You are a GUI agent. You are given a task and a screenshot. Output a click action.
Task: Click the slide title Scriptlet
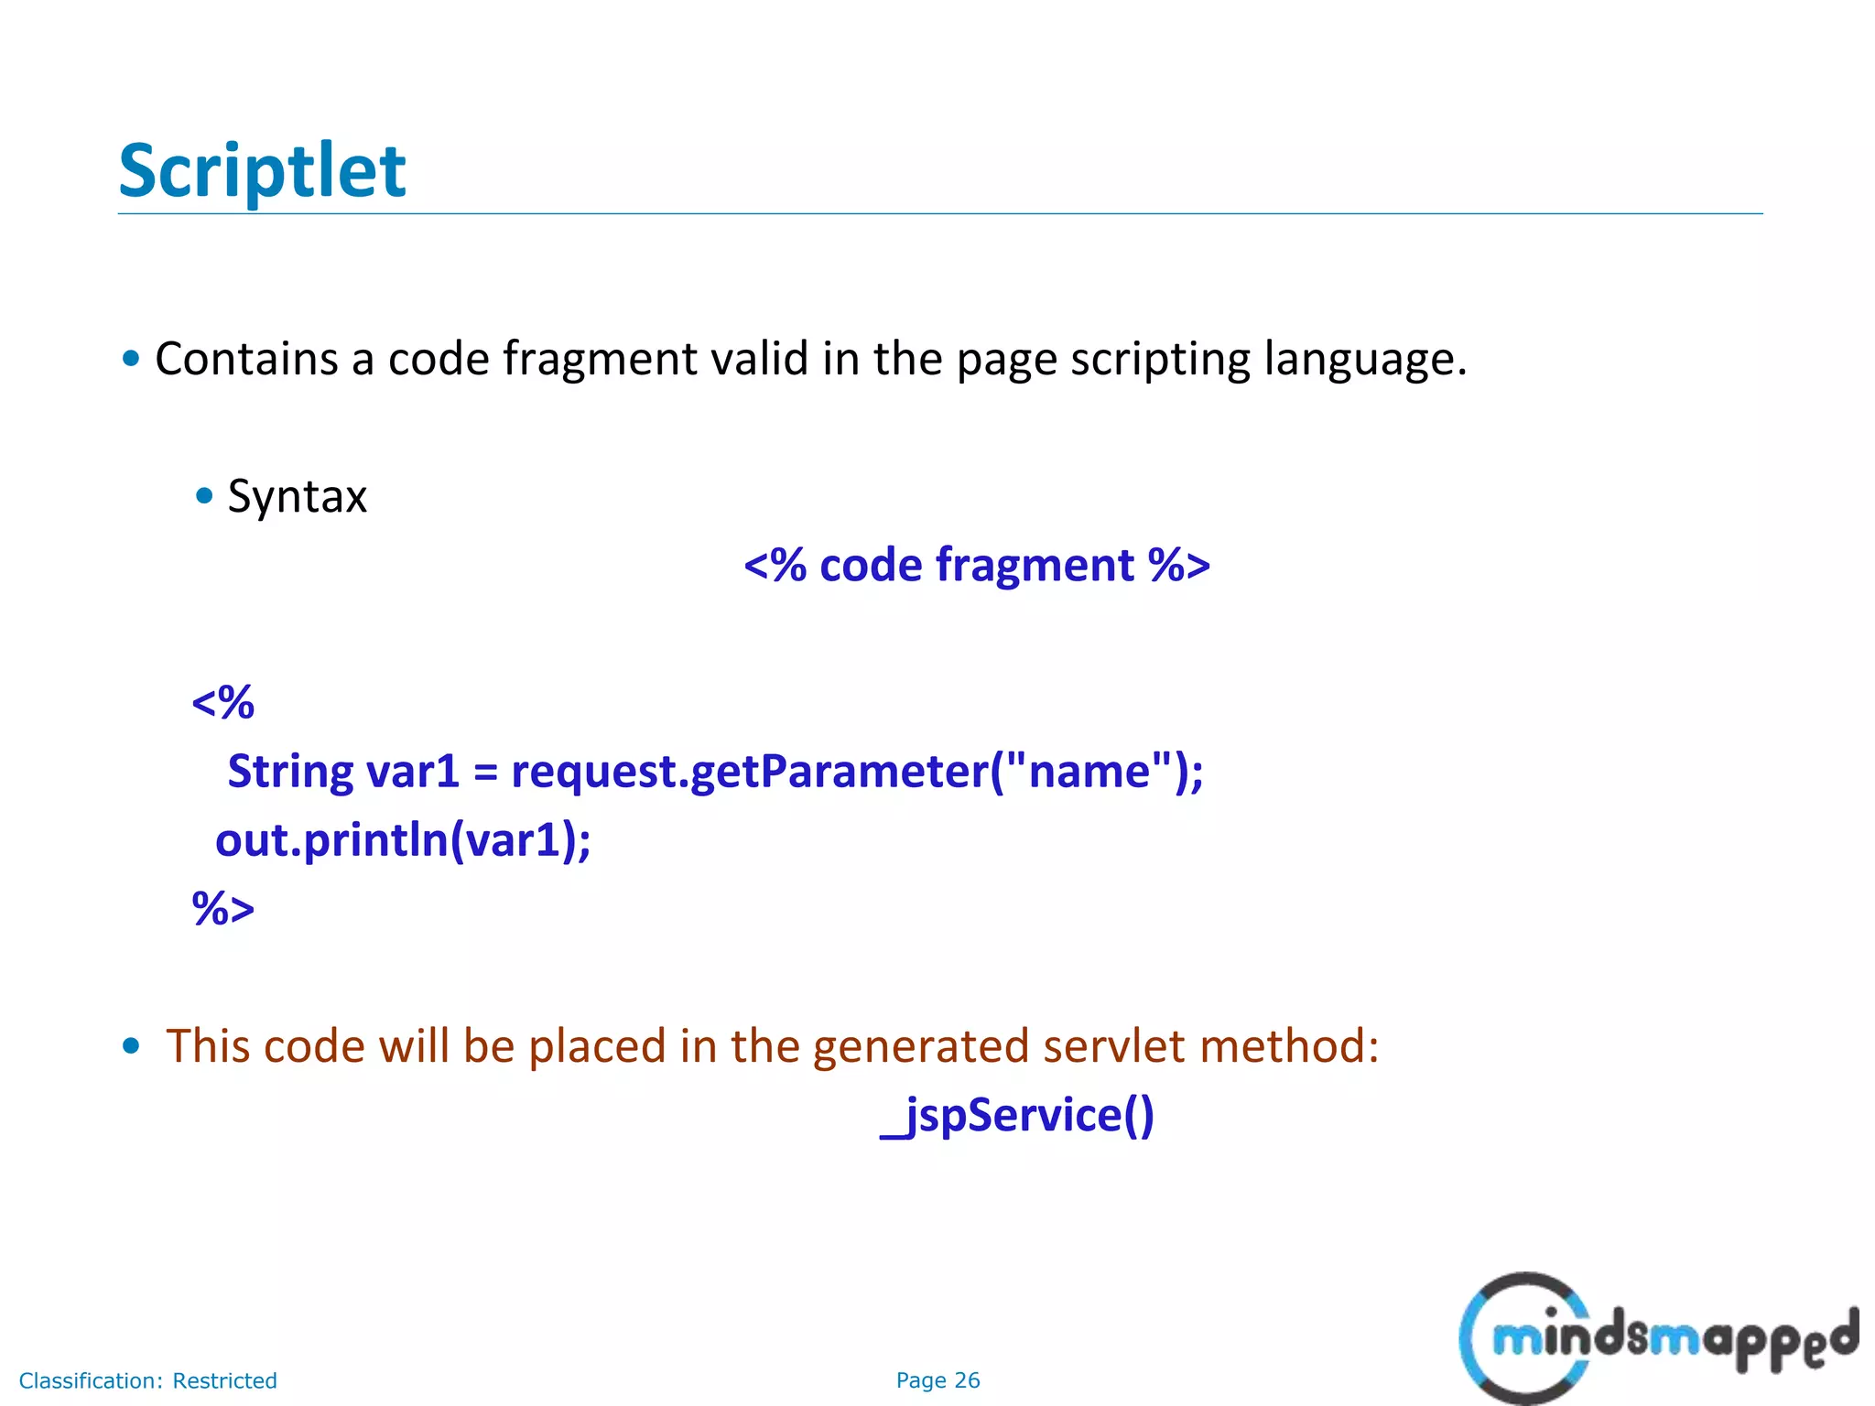[x=262, y=171]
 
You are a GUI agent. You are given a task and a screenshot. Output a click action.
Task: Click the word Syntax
[x=297, y=497]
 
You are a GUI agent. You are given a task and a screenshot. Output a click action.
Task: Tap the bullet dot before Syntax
[x=204, y=496]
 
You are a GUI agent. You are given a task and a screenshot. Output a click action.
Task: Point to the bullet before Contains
[x=131, y=358]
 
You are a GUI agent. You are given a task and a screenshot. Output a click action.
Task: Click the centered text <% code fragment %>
[x=977, y=565]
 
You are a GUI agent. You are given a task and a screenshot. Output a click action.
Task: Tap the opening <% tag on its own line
[x=222, y=703]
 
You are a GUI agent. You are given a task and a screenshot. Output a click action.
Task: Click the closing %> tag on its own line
[x=222, y=909]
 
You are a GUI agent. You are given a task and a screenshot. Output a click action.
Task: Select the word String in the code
[x=289, y=772]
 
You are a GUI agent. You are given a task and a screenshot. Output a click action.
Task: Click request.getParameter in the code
[x=749, y=772]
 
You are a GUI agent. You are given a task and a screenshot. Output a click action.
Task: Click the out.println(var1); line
[x=403, y=840]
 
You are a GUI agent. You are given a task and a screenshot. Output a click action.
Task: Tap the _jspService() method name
[x=1017, y=1116]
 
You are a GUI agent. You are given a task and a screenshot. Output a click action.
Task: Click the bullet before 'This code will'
[x=131, y=1045]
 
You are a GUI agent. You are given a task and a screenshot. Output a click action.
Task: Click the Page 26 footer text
[x=937, y=1380]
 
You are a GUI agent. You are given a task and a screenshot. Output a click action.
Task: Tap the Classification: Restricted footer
[x=147, y=1380]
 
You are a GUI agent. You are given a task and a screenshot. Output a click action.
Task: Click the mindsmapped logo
[x=1657, y=1338]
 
